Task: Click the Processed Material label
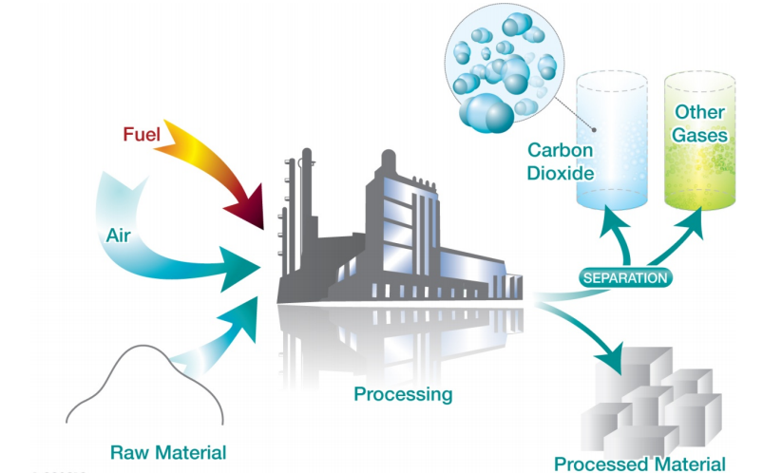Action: pos(640,464)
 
